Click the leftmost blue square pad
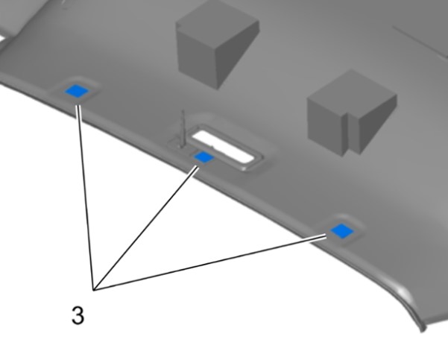coord(77,91)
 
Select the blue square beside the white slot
coord(204,157)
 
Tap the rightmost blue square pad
coord(342,231)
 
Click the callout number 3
coord(78,315)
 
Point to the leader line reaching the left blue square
coord(86,198)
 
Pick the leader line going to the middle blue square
coord(146,229)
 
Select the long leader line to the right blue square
coord(210,263)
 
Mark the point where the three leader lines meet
coord(94,290)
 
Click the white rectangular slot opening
coord(223,146)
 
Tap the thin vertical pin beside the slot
coord(183,128)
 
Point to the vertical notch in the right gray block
coord(346,133)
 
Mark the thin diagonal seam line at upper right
coord(420,42)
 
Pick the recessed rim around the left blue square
coord(76,90)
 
